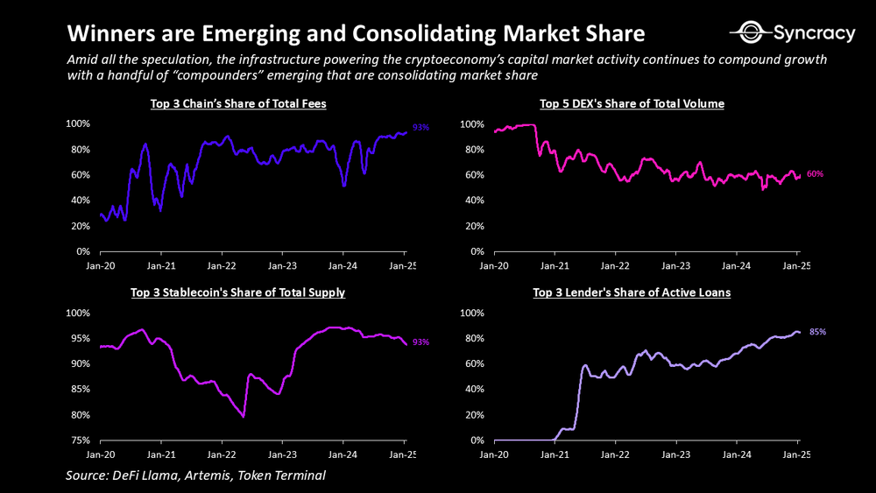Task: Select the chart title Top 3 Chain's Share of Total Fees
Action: [238, 104]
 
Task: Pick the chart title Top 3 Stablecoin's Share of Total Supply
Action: [237, 292]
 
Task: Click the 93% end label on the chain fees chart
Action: [420, 128]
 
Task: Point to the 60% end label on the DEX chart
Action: [815, 174]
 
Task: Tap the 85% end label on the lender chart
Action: [818, 332]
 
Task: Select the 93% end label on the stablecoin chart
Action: [420, 342]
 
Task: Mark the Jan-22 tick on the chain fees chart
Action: [220, 264]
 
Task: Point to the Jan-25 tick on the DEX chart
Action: [796, 264]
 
